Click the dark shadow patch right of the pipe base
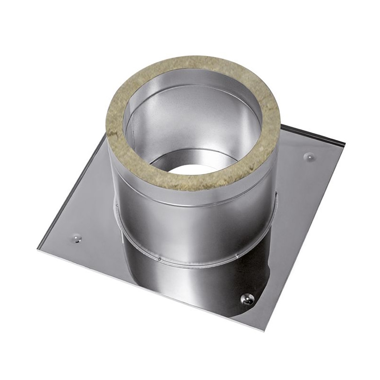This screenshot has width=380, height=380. click(266, 266)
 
